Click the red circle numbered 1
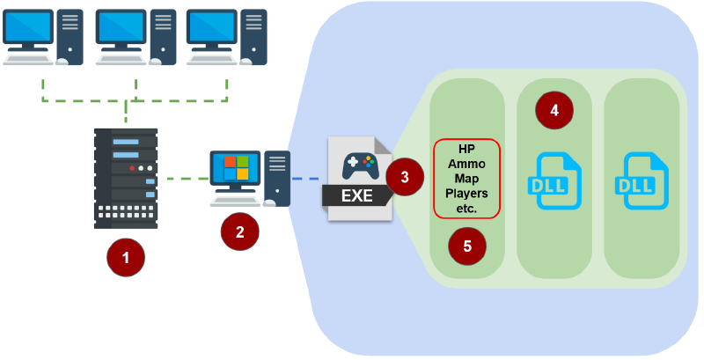pyautogui.click(x=126, y=257)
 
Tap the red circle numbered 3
pyautogui.click(x=405, y=177)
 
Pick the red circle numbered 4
pyautogui.click(x=554, y=111)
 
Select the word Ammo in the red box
pyautogui.click(x=466, y=164)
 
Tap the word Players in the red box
pyautogui.click(x=466, y=194)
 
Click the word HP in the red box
pyautogui.click(x=466, y=149)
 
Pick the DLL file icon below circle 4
pyautogui.click(x=554, y=181)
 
